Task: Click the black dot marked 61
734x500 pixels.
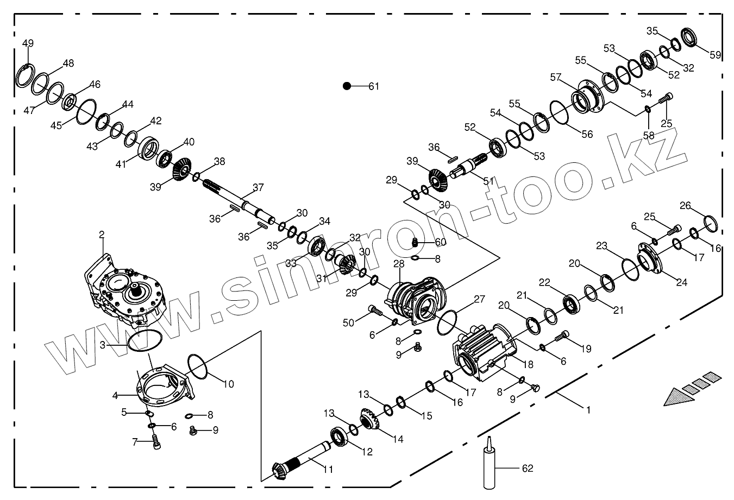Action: [x=347, y=86]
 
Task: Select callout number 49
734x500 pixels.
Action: [x=28, y=43]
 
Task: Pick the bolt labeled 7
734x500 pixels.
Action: [x=156, y=441]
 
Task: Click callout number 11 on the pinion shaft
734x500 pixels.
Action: [x=328, y=470]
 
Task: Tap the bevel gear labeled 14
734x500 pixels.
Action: [x=369, y=419]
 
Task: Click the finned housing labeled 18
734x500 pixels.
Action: [x=484, y=353]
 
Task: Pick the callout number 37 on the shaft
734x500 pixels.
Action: [x=258, y=188]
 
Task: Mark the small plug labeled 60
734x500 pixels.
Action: [x=415, y=243]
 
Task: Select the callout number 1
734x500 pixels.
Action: [x=587, y=410]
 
